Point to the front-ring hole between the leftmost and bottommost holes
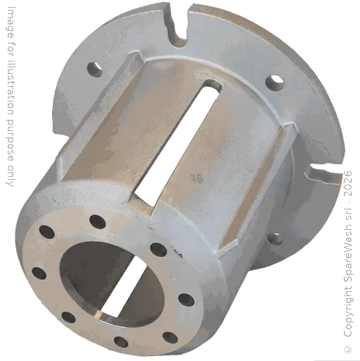pyautogui.click(x=68, y=317)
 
